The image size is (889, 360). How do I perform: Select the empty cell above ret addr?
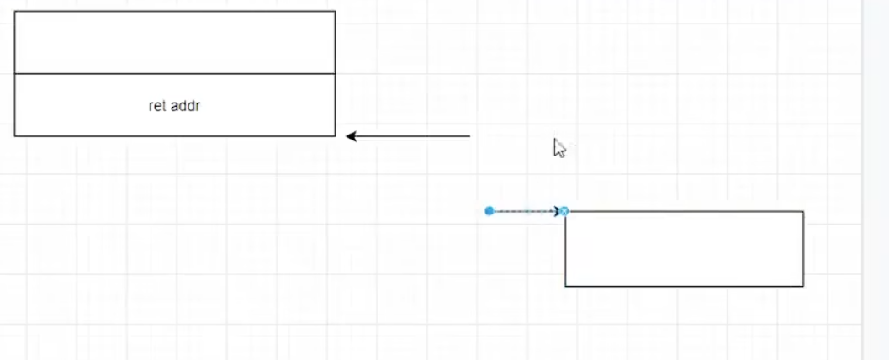pos(174,42)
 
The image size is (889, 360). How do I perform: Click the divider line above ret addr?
pos(174,74)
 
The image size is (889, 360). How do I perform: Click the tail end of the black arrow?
pos(469,135)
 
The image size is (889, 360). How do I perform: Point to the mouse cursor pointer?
pos(558,148)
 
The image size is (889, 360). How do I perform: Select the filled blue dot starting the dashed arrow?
pos(489,210)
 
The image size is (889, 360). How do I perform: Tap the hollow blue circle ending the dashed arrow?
pos(564,210)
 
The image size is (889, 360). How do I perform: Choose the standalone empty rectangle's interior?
pos(684,249)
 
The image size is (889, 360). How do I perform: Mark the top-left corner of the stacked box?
pos(14,11)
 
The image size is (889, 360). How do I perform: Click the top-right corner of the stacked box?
pos(335,11)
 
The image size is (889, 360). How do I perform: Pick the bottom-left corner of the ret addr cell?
pos(14,135)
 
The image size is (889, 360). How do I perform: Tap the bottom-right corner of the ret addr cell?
pos(335,135)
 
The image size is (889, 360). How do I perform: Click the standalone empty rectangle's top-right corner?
pos(803,211)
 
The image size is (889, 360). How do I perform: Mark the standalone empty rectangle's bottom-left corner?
pos(565,286)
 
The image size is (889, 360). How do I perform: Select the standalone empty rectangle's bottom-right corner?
pos(803,286)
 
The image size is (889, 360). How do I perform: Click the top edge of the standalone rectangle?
pos(684,211)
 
